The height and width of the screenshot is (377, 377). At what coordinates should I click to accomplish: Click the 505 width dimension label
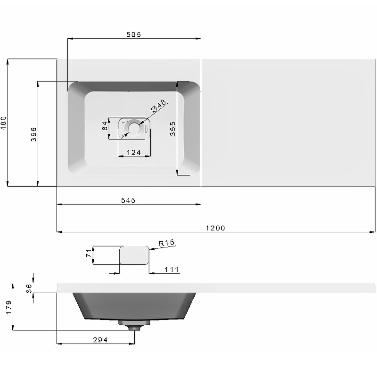[134, 34]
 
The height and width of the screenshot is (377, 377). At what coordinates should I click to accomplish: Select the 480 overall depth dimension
[4, 123]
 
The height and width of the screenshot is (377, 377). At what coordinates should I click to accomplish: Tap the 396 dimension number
[33, 134]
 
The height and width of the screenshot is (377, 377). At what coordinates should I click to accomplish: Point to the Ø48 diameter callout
[158, 106]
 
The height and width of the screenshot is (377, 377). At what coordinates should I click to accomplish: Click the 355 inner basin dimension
[173, 129]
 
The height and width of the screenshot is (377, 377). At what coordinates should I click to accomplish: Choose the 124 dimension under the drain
[134, 152]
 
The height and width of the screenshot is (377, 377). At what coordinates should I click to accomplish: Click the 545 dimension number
[128, 200]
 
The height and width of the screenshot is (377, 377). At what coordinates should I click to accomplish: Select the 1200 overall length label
[216, 228]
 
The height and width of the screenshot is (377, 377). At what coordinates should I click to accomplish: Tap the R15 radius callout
[167, 243]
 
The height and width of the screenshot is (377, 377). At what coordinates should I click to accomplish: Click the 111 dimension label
[172, 270]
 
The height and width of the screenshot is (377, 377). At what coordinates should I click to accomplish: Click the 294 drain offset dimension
[100, 340]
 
